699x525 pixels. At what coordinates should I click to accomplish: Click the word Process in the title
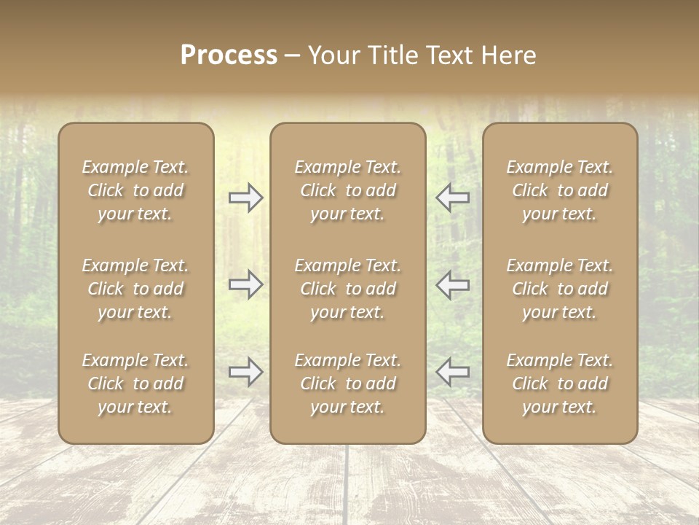[229, 55]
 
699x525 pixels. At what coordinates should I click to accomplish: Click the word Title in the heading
[390, 55]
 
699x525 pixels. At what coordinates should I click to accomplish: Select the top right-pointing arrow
[246, 198]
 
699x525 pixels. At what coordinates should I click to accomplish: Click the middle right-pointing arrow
[246, 285]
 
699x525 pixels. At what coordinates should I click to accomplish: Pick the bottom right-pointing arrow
[246, 372]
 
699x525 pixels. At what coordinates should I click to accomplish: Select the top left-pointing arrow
[453, 198]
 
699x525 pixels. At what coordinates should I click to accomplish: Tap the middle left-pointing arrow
[453, 285]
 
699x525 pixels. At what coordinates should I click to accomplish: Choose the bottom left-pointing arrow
[453, 372]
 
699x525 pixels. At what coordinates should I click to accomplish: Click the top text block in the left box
[135, 190]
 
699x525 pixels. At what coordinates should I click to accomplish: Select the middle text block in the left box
[135, 289]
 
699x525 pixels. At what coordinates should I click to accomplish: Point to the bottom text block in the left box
[135, 384]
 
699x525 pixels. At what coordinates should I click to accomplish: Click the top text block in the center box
[348, 190]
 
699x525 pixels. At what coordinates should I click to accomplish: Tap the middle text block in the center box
[348, 289]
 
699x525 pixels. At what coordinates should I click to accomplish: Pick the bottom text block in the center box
[348, 384]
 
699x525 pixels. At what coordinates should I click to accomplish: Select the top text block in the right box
[560, 190]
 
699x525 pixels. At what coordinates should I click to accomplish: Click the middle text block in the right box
[560, 289]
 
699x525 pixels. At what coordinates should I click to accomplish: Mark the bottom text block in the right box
[560, 384]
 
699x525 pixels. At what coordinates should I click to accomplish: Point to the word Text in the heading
[446, 55]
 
